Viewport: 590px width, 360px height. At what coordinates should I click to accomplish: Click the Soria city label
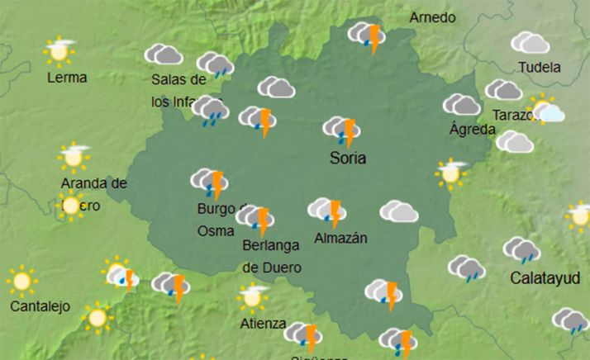point(347,157)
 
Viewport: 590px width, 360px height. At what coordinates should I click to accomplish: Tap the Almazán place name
point(340,239)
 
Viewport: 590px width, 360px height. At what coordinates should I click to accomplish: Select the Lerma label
point(67,78)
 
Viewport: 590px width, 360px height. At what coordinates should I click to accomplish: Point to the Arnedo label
point(432,17)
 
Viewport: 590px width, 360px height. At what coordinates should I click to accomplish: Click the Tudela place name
point(537,68)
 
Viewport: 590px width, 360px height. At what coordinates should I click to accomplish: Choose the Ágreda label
point(472,129)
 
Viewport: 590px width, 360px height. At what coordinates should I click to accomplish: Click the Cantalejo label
point(40,306)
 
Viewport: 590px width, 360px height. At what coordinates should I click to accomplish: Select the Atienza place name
point(264,322)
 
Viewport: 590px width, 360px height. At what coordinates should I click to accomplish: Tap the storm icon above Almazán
point(327,211)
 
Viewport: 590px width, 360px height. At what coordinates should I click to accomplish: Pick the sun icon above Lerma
point(59,51)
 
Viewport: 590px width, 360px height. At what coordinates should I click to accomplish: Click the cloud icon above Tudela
point(530,42)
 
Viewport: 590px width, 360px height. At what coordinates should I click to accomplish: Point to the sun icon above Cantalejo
point(21,282)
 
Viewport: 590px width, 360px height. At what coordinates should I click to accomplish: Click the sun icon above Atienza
point(253,296)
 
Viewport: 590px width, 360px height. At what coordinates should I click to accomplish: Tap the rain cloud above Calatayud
point(521,249)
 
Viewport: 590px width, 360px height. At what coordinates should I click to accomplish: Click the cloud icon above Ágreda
point(462,105)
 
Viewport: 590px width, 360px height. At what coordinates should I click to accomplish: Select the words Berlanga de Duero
point(272,256)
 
